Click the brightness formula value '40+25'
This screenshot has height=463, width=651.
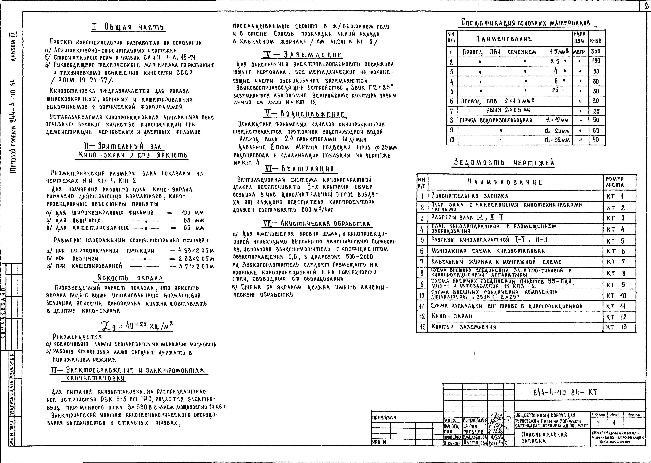click(136, 325)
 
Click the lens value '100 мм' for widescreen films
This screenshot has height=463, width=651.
click(193, 213)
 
